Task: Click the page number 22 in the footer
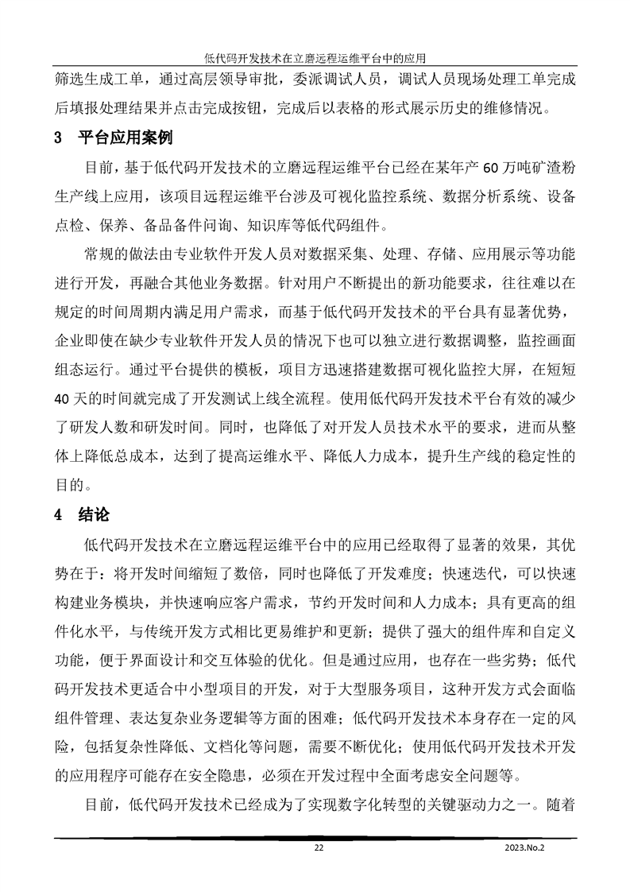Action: pyautogui.click(x=319, y=848)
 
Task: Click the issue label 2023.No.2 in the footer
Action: pyautogui.click(x=525, y=848)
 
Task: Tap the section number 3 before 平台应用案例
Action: pyautogui.click(x=57, y=138)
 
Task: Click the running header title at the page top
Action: pyautogui.click(x=315, y=57)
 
